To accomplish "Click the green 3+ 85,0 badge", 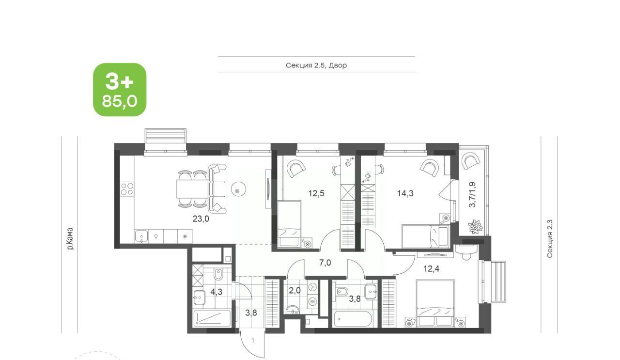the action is (x=120, y=90).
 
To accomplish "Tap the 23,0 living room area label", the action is (x=201, y=219).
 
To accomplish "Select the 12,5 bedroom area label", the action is (x=316, y=193).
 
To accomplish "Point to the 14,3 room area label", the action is (x=405, y=193).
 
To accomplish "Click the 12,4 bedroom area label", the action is (x=432, y=268).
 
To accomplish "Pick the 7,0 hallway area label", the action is (x=325, y=263).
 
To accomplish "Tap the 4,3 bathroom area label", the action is (x=216, y=292).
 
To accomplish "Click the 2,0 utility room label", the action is (x=294, y=291).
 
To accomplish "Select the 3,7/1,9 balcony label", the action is (x=472, y=194).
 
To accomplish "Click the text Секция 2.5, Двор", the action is (x=316, y=65).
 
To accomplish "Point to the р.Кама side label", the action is (x=70, y=239).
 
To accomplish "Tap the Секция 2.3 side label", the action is (x=549, y=239).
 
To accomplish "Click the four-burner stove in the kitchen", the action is (x=127, y=189).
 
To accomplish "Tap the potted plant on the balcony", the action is (x=476, y=227).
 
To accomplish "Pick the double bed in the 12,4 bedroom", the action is (x=435, y=303).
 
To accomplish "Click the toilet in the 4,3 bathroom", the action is (x=218, y=274).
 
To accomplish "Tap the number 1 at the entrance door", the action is (x=253, y=340).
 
